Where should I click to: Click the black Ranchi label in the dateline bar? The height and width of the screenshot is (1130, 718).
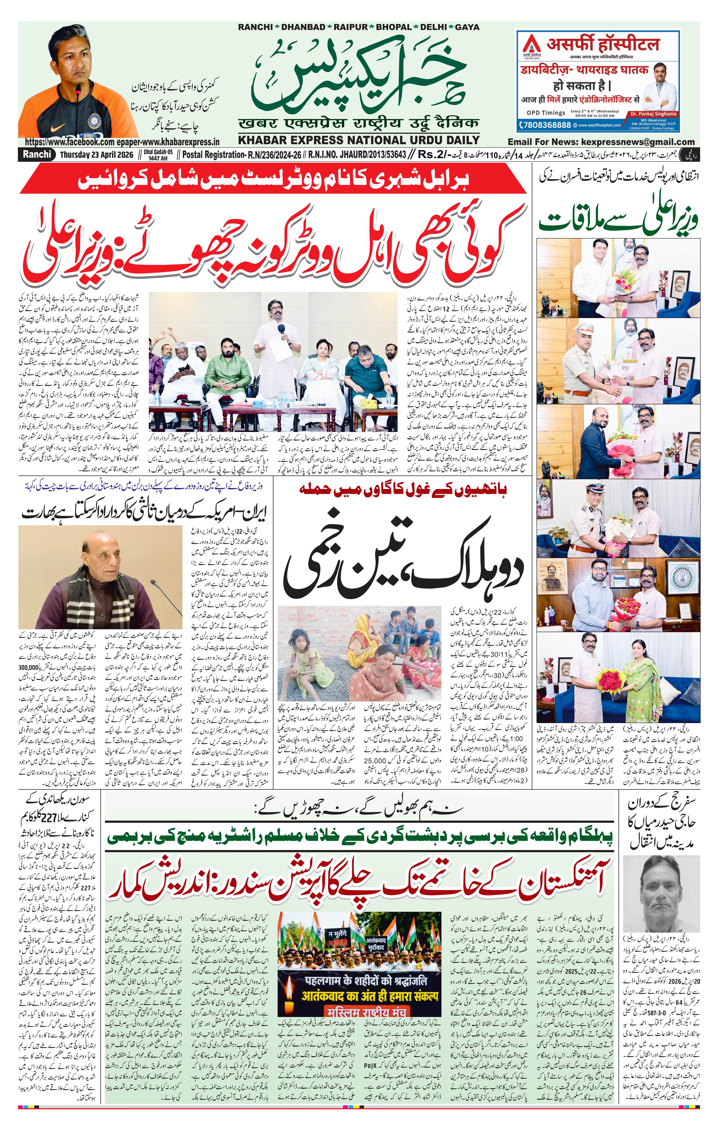(36, 154)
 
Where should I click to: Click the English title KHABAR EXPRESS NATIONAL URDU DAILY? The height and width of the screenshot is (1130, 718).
(359, 140)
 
